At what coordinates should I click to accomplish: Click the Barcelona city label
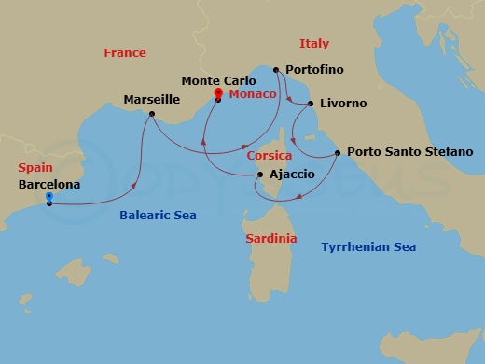(x=48, y=185)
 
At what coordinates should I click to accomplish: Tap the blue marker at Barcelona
(x=48, y=199)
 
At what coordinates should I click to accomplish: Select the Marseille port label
(x=152, y=98)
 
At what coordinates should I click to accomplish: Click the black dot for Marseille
(x=152, y=115)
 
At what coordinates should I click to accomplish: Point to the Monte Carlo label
(x=218, y=81)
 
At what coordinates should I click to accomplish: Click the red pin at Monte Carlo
(x=218, y=93)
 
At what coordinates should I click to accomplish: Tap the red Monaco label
(x=252, y=94)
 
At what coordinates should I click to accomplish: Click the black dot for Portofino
(x=276, y=70)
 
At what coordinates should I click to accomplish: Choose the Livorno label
(x=343, y=104)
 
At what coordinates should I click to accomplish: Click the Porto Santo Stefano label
(x=409, y=151)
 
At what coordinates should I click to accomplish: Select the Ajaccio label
(x=291, y=175)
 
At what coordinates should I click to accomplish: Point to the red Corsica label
(x=270, y=155)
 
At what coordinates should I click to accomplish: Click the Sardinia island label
(x=271, y=238)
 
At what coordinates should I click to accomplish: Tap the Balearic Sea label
(x=158, y=215)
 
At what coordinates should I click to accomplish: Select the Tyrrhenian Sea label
(x=368, y=246)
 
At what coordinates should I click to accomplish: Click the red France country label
(x=124, y=53)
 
